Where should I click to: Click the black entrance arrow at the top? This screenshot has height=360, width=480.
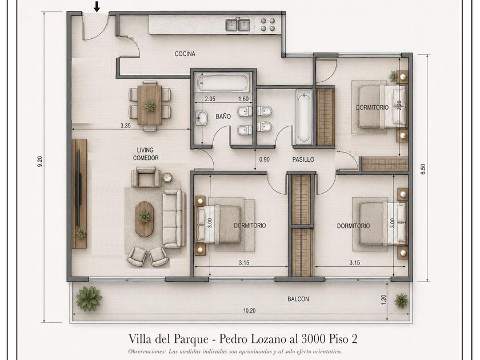pyautogui.click(x=97, y=7)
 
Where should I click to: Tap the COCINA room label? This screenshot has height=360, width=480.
pyautogui.click(x=185, y=54)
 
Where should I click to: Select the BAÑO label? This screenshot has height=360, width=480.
pyautogui.click(x=223, y=117)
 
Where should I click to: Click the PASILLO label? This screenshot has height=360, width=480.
pyautogui.click(x=303, y=159)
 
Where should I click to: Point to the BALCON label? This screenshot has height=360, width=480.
pyautogui.click(x=298, y=299)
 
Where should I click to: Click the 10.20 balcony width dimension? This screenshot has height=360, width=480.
pyautogui.click(x=250, y=310)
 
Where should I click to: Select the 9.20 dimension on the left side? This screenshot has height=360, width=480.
pyautogui.click(x=39, y=161)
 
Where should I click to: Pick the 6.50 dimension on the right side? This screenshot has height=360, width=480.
pyautogui.click(x=423, y=169)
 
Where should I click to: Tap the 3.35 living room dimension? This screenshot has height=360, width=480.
pyautogui.click(x=126, y=125)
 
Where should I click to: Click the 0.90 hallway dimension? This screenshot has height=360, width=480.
pyautogui.click(x=265, y=159)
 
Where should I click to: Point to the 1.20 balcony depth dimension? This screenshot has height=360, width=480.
pyautogui.click(x=384, y=299)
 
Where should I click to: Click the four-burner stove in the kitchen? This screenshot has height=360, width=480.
pyautogui.click(x=268, y=25)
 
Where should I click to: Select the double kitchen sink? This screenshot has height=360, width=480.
pyautogui.click(x=238, y=25)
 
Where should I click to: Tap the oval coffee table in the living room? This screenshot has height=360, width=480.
pyautogui.click(x=144, y=219)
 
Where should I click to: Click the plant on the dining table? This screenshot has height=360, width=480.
pyautogui.click(x=150, y=106)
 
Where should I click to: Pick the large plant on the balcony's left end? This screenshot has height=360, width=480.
pyautogui.click(x=89, y=298)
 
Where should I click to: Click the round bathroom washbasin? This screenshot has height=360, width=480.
pyautogui.click(x=202, y=118)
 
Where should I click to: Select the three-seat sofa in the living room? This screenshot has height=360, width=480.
pyautogui.click(x=173, y=218)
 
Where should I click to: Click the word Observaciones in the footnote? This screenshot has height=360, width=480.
pyautogui.click(x=147, y=351)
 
